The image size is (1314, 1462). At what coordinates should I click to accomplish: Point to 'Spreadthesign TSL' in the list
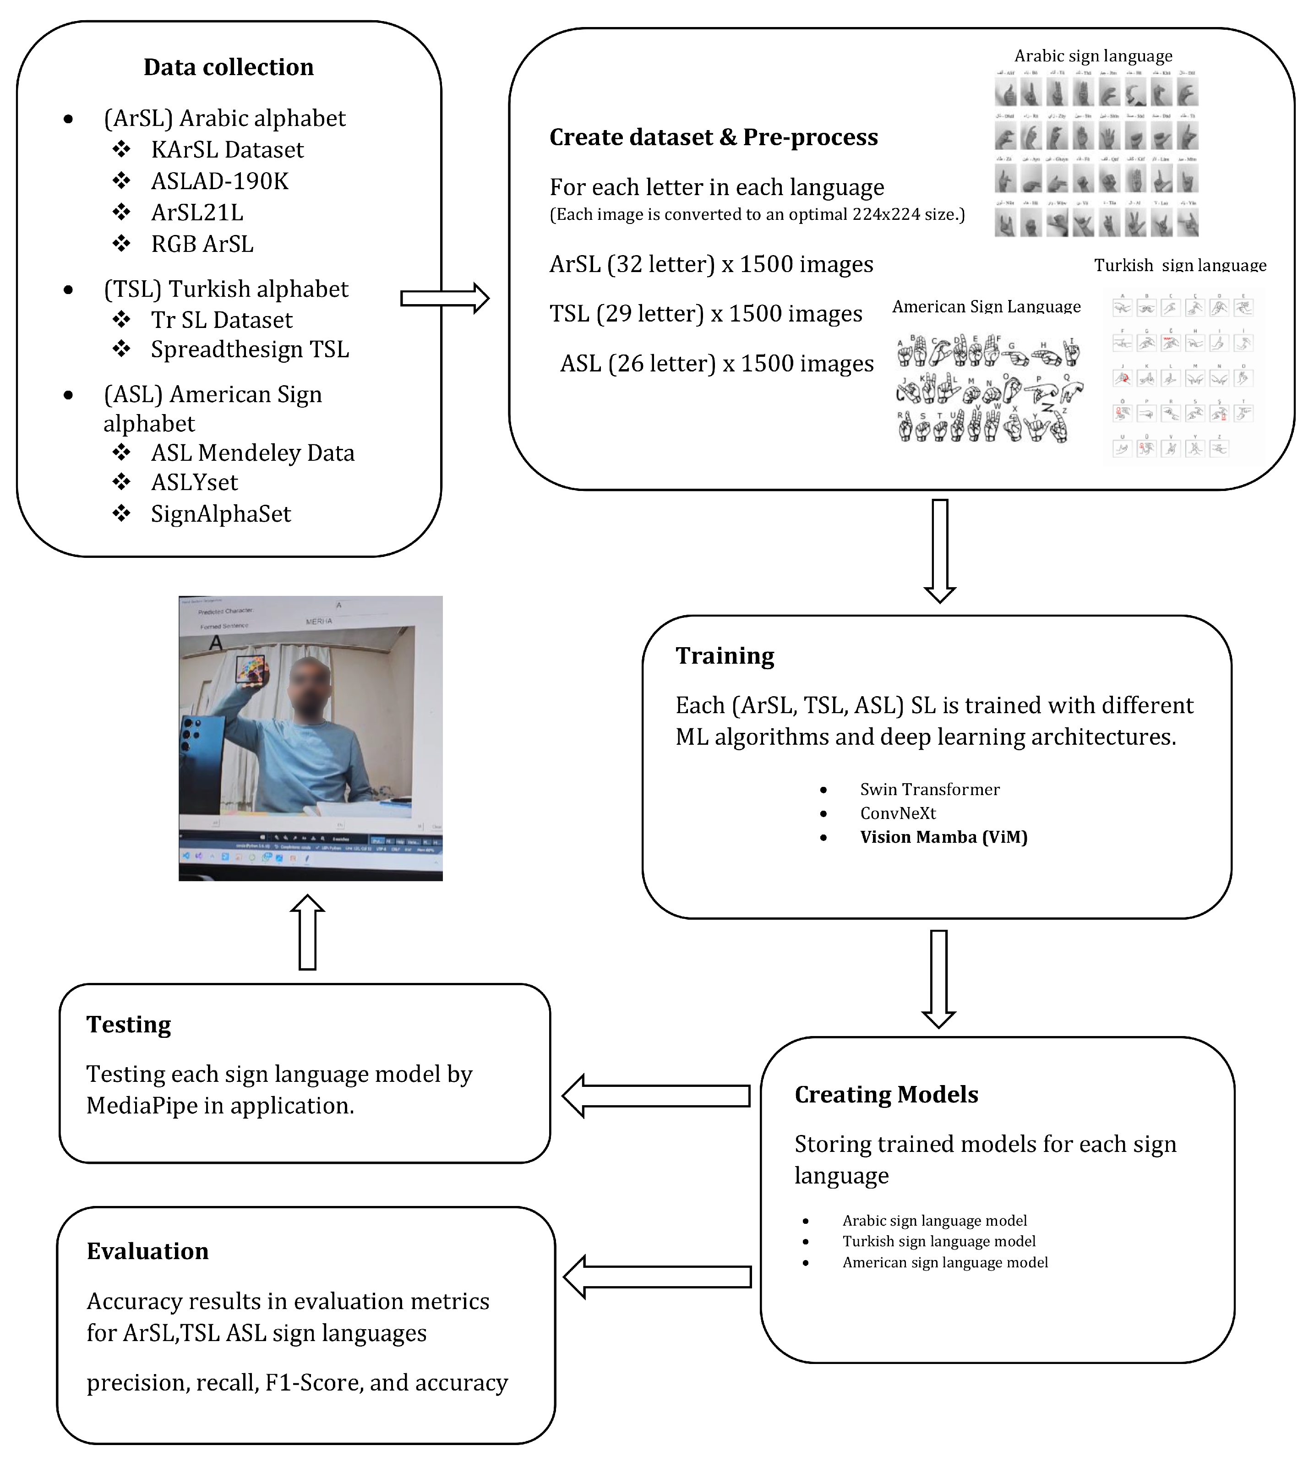[x=249, y=349]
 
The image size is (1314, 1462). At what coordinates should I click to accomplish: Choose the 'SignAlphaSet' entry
[x=220, y=514]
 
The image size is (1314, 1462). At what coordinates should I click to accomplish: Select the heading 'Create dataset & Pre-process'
[x=713, y=137]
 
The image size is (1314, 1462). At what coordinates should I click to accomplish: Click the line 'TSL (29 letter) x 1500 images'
[x=705, y=313]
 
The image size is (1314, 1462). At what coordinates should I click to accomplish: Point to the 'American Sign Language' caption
[x=986, y=307]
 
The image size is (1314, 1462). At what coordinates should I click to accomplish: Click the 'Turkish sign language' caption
[x=1180, y=265]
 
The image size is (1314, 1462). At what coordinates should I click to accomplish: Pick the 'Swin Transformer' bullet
[x=929, y=789]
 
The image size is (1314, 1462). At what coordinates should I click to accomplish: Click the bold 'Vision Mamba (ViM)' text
[x=943, y=837]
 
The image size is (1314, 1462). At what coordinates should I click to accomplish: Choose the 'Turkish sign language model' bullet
[x=938, y=1241]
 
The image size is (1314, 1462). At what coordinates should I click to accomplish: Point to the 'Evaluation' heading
[x=147, y=1251]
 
